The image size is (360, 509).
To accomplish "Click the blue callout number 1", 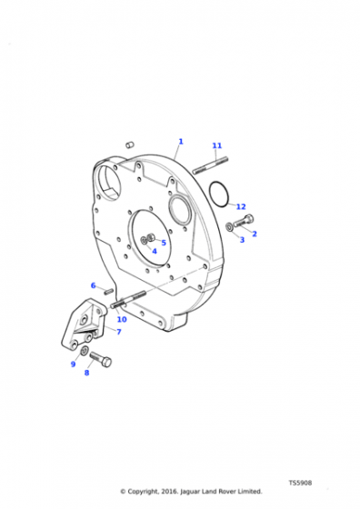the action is click(x=181, y=142).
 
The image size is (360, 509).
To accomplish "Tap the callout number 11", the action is click(x=217, y=145).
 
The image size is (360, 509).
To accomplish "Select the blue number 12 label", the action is click(x=241, y=206).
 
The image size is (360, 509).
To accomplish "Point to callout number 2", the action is click(x=255, y=234).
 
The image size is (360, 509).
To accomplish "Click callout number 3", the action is click(x=242, y=240).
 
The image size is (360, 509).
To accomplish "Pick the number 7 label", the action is click(x=119, y=332).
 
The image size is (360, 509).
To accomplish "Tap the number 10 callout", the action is click(x=122, y=319).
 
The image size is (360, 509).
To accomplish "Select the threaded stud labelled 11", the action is click(x=210, y=165).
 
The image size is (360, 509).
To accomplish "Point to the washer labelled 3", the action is click(x=229, y=227).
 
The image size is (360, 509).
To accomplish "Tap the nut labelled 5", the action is click(x=151, y=238).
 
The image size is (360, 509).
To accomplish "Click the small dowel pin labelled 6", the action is click(x=109, y=291).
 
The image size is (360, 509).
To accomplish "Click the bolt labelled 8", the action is click(x=101, y=359).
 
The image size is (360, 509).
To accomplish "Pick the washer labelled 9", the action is click(x=84, y=351).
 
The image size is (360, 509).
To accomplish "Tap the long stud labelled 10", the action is click(x=128, y=300).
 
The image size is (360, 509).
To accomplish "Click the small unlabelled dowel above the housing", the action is click(x=130, y=145).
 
